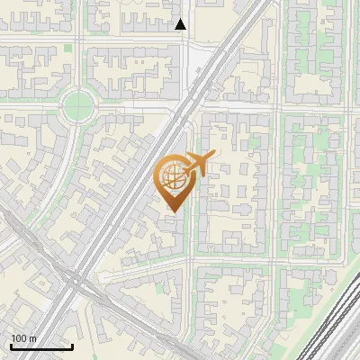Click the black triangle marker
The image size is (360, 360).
(181, 25)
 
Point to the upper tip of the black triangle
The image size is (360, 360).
(181, 20)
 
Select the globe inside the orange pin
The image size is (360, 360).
(174, 176)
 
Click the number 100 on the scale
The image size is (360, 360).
(19, 338)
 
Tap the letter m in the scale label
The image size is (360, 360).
(32, 338)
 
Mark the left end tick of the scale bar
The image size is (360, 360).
(11, 346)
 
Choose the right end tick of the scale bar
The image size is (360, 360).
(72, 346)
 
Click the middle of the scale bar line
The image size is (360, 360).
(41, 347)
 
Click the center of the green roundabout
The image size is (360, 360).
(78, 106)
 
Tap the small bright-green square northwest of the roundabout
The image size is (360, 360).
(68, 47)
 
